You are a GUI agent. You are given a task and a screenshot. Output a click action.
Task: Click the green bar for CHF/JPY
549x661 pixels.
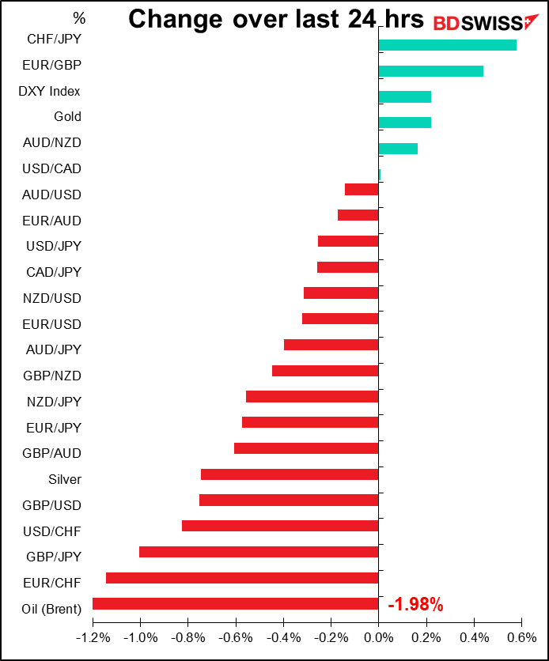tap(448, 45)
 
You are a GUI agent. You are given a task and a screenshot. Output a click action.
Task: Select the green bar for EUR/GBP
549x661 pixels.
tap(431, 71)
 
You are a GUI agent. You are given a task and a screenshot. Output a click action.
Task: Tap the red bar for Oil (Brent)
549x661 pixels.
tap(236, 604)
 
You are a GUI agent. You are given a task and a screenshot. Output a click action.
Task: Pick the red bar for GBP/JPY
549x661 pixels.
tap(259, 552)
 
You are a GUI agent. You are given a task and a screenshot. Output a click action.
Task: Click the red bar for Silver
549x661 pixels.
tap(290, 474)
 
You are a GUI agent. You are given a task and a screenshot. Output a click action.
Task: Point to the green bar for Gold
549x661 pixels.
tap(405, 123)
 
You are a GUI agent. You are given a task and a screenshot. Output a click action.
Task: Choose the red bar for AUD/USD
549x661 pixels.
tap(362, 190)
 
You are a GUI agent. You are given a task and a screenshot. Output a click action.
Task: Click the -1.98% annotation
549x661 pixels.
tap(415, 606)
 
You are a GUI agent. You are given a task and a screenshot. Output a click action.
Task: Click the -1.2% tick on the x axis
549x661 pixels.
tap(93, 637)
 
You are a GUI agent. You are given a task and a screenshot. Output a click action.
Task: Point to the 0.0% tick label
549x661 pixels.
tap(379, 637)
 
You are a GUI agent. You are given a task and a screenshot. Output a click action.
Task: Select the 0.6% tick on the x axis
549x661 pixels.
tap(521, 637)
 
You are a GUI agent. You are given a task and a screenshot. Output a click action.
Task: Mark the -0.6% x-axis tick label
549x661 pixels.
tap(236, 637)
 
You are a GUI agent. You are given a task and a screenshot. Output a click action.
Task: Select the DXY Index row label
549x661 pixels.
tap(49, 91)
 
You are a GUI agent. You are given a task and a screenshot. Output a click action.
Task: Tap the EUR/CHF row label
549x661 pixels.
tap(54, 583)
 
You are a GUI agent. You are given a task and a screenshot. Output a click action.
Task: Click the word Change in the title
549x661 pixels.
tap(177, 19)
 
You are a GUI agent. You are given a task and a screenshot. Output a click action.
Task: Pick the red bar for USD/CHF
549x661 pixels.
tap(280, 526)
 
